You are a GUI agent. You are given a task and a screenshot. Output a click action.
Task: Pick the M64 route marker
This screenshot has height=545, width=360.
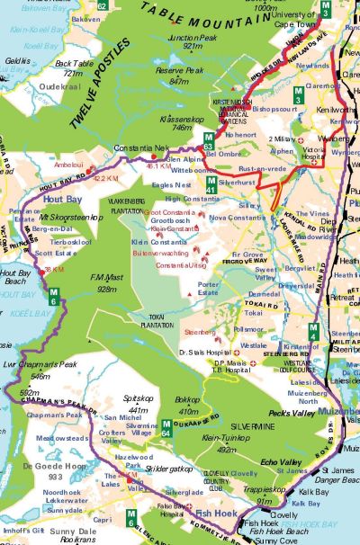(166, 428)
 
